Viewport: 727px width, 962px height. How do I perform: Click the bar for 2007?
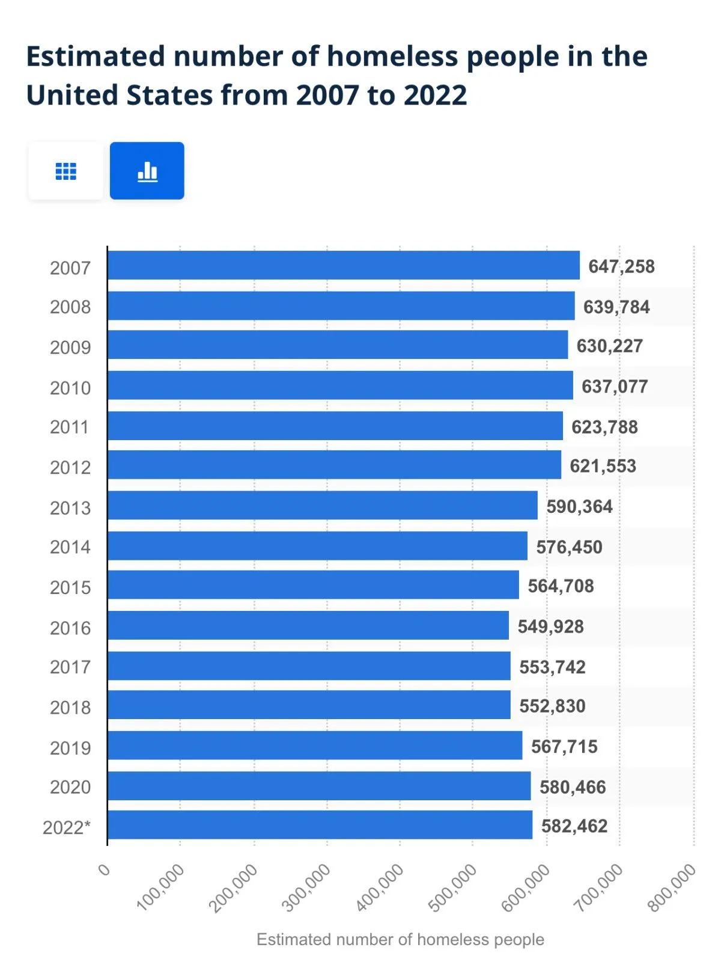[x=344, y=265]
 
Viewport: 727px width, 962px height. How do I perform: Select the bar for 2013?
[x=323, y=505]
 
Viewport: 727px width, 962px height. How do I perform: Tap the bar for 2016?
[x=308, y=625]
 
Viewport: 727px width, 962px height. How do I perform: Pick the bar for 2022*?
[x=320, y=825]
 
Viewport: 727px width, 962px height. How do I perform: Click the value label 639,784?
[x=616, y=307]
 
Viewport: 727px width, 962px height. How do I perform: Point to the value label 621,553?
[x=603, y=466]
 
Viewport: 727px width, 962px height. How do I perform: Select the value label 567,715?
[x=564, y=746]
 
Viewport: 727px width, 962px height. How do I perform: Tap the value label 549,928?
[x=550, y=627]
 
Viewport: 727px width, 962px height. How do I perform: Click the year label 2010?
[x=70, y=388]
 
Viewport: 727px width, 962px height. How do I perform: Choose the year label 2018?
[x=70, y=707]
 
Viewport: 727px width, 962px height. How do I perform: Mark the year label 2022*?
[x=67, y=827]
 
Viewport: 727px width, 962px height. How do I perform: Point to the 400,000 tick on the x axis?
[x=381, y=887]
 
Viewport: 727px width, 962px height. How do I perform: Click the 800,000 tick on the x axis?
[x=673, y=887]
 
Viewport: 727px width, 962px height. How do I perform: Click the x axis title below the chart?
[x=400, y=939]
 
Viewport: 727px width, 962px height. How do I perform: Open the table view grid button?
[x=65, y=171]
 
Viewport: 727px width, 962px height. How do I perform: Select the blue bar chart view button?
[x=147, y=171]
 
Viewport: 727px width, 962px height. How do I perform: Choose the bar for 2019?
[x=315, y=746]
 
